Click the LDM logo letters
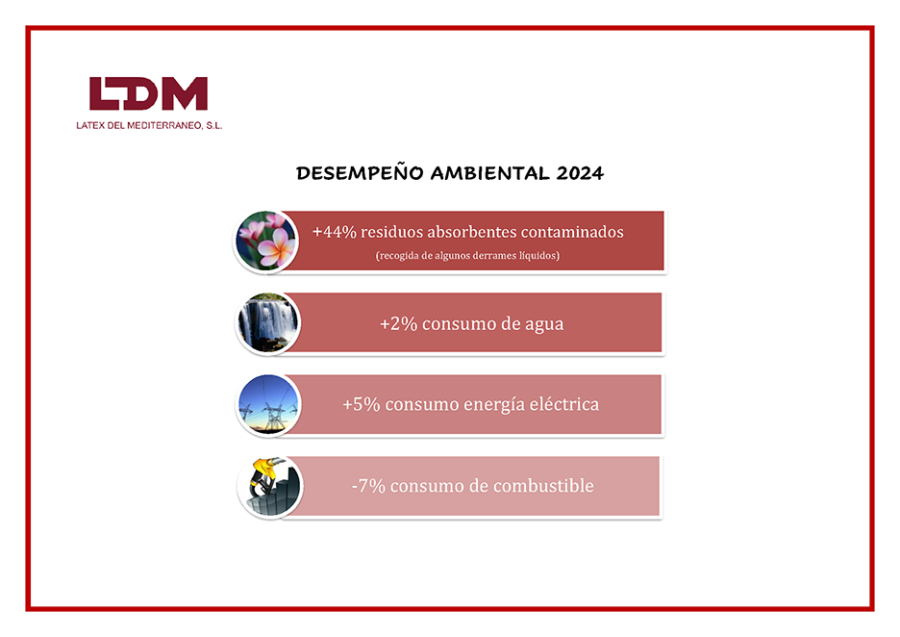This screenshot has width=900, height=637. click(148, 94)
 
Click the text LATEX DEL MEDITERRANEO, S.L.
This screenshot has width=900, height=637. click(149, 125)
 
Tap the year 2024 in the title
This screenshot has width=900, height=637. click(580, 174)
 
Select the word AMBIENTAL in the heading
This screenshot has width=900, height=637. click(490, 174)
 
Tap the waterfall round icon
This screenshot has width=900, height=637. click(268, 323)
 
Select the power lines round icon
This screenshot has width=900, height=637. click(268, 405)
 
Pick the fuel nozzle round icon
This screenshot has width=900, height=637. click(268, 487)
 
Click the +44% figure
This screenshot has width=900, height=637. click(330, 232)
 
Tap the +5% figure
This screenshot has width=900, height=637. click(360, 405)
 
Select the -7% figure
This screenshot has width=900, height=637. click(368, 487)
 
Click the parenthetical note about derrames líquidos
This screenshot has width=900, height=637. click(467, 256)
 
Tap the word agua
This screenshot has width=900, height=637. click(541, 324)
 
